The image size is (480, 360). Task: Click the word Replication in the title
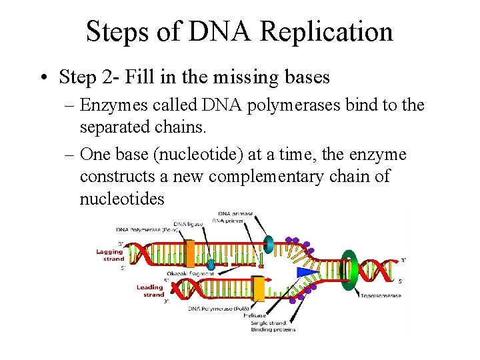(x=327, y=31)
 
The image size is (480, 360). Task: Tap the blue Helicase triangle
(x=305, y=272)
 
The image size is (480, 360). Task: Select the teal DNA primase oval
(x=269, y=243)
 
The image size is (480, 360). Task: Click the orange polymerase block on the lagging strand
(x=190, y=254)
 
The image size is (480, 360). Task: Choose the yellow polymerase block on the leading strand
(x=257, y=288)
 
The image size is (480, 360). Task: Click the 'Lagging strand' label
(x=110, y=255)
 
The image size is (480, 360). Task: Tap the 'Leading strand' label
(x=150, y=291)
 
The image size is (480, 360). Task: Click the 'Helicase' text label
(x=261, y=315)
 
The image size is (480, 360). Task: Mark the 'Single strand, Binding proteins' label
(x=273, y=326)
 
